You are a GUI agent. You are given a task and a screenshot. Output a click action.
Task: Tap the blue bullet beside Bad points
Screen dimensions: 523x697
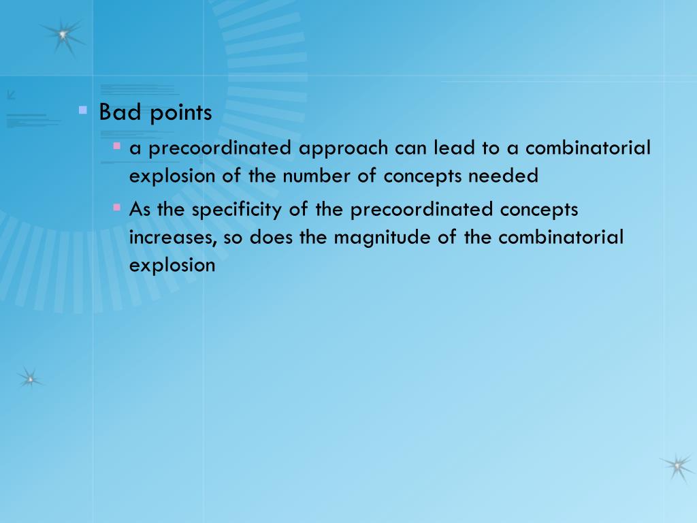[x=83, y=109]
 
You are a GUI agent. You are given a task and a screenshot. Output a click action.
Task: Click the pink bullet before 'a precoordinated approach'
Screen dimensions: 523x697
[x=117, y=146]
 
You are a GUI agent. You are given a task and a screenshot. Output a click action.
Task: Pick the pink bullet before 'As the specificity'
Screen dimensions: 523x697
[x=117, y=206]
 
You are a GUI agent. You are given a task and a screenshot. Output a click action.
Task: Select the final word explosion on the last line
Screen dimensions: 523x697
[x=172, y=265]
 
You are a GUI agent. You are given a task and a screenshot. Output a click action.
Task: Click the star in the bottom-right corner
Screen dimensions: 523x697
[x=676, y=466]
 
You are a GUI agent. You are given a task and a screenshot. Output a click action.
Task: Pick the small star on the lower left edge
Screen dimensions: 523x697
[x=29, y=378]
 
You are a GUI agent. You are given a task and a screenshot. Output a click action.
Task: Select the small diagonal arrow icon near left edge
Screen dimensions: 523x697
[x=10, y=95]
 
